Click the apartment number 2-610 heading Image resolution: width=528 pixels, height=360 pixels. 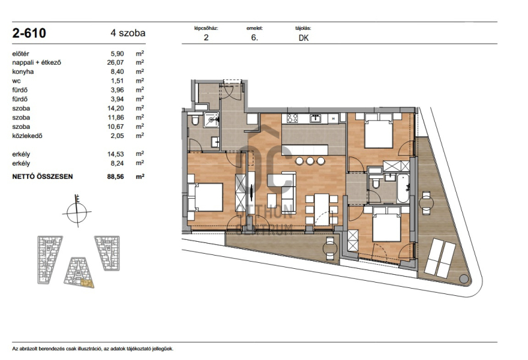29,33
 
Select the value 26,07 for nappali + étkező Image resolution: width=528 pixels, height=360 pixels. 115,62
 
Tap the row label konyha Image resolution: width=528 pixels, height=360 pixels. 23,71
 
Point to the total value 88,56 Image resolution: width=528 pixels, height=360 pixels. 115,176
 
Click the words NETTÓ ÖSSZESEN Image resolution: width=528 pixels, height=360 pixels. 42,176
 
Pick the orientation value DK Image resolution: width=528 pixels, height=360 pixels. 304,38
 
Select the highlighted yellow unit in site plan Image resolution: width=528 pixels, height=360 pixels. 87,284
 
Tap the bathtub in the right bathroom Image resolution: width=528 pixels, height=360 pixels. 403,188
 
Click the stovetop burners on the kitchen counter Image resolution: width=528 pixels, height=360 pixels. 292,118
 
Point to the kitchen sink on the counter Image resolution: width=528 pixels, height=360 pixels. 315,118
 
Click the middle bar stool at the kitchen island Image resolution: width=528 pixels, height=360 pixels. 310,161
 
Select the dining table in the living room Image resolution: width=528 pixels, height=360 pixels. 322,209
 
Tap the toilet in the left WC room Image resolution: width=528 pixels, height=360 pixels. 195,120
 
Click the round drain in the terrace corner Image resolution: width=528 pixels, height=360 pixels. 464,279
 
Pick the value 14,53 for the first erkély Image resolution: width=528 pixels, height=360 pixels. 115,154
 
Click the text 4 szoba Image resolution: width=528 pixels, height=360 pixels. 128,33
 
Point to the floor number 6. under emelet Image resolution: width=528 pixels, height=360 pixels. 254,38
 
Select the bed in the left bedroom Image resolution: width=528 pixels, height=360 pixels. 205,198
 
